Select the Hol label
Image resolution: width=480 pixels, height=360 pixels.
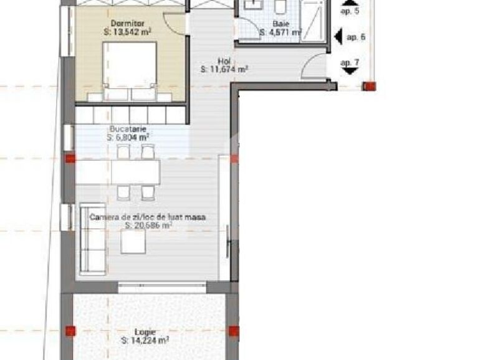point(224,61)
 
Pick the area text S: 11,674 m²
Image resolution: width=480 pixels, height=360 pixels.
point(224,70)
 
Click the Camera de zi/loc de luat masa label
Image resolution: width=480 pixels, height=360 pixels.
point(148,217)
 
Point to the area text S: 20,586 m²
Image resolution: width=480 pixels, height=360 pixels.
point(148,226)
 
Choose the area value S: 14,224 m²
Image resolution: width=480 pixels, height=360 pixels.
point(145,341)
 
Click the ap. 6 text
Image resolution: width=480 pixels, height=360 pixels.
point(356,37)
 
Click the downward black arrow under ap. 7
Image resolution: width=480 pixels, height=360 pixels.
point(350,71)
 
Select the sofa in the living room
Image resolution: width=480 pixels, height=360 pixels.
point(92,239)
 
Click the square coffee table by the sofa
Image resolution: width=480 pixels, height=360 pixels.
point(133,242)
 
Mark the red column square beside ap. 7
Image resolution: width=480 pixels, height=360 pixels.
point(370,86)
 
